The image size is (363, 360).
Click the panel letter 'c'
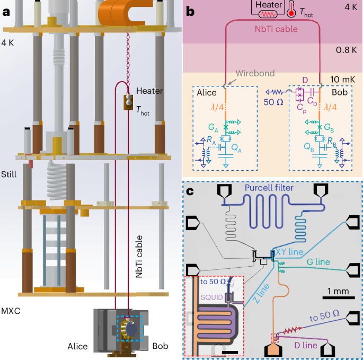[189, 189]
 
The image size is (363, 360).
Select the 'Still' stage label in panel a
[9, 173]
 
